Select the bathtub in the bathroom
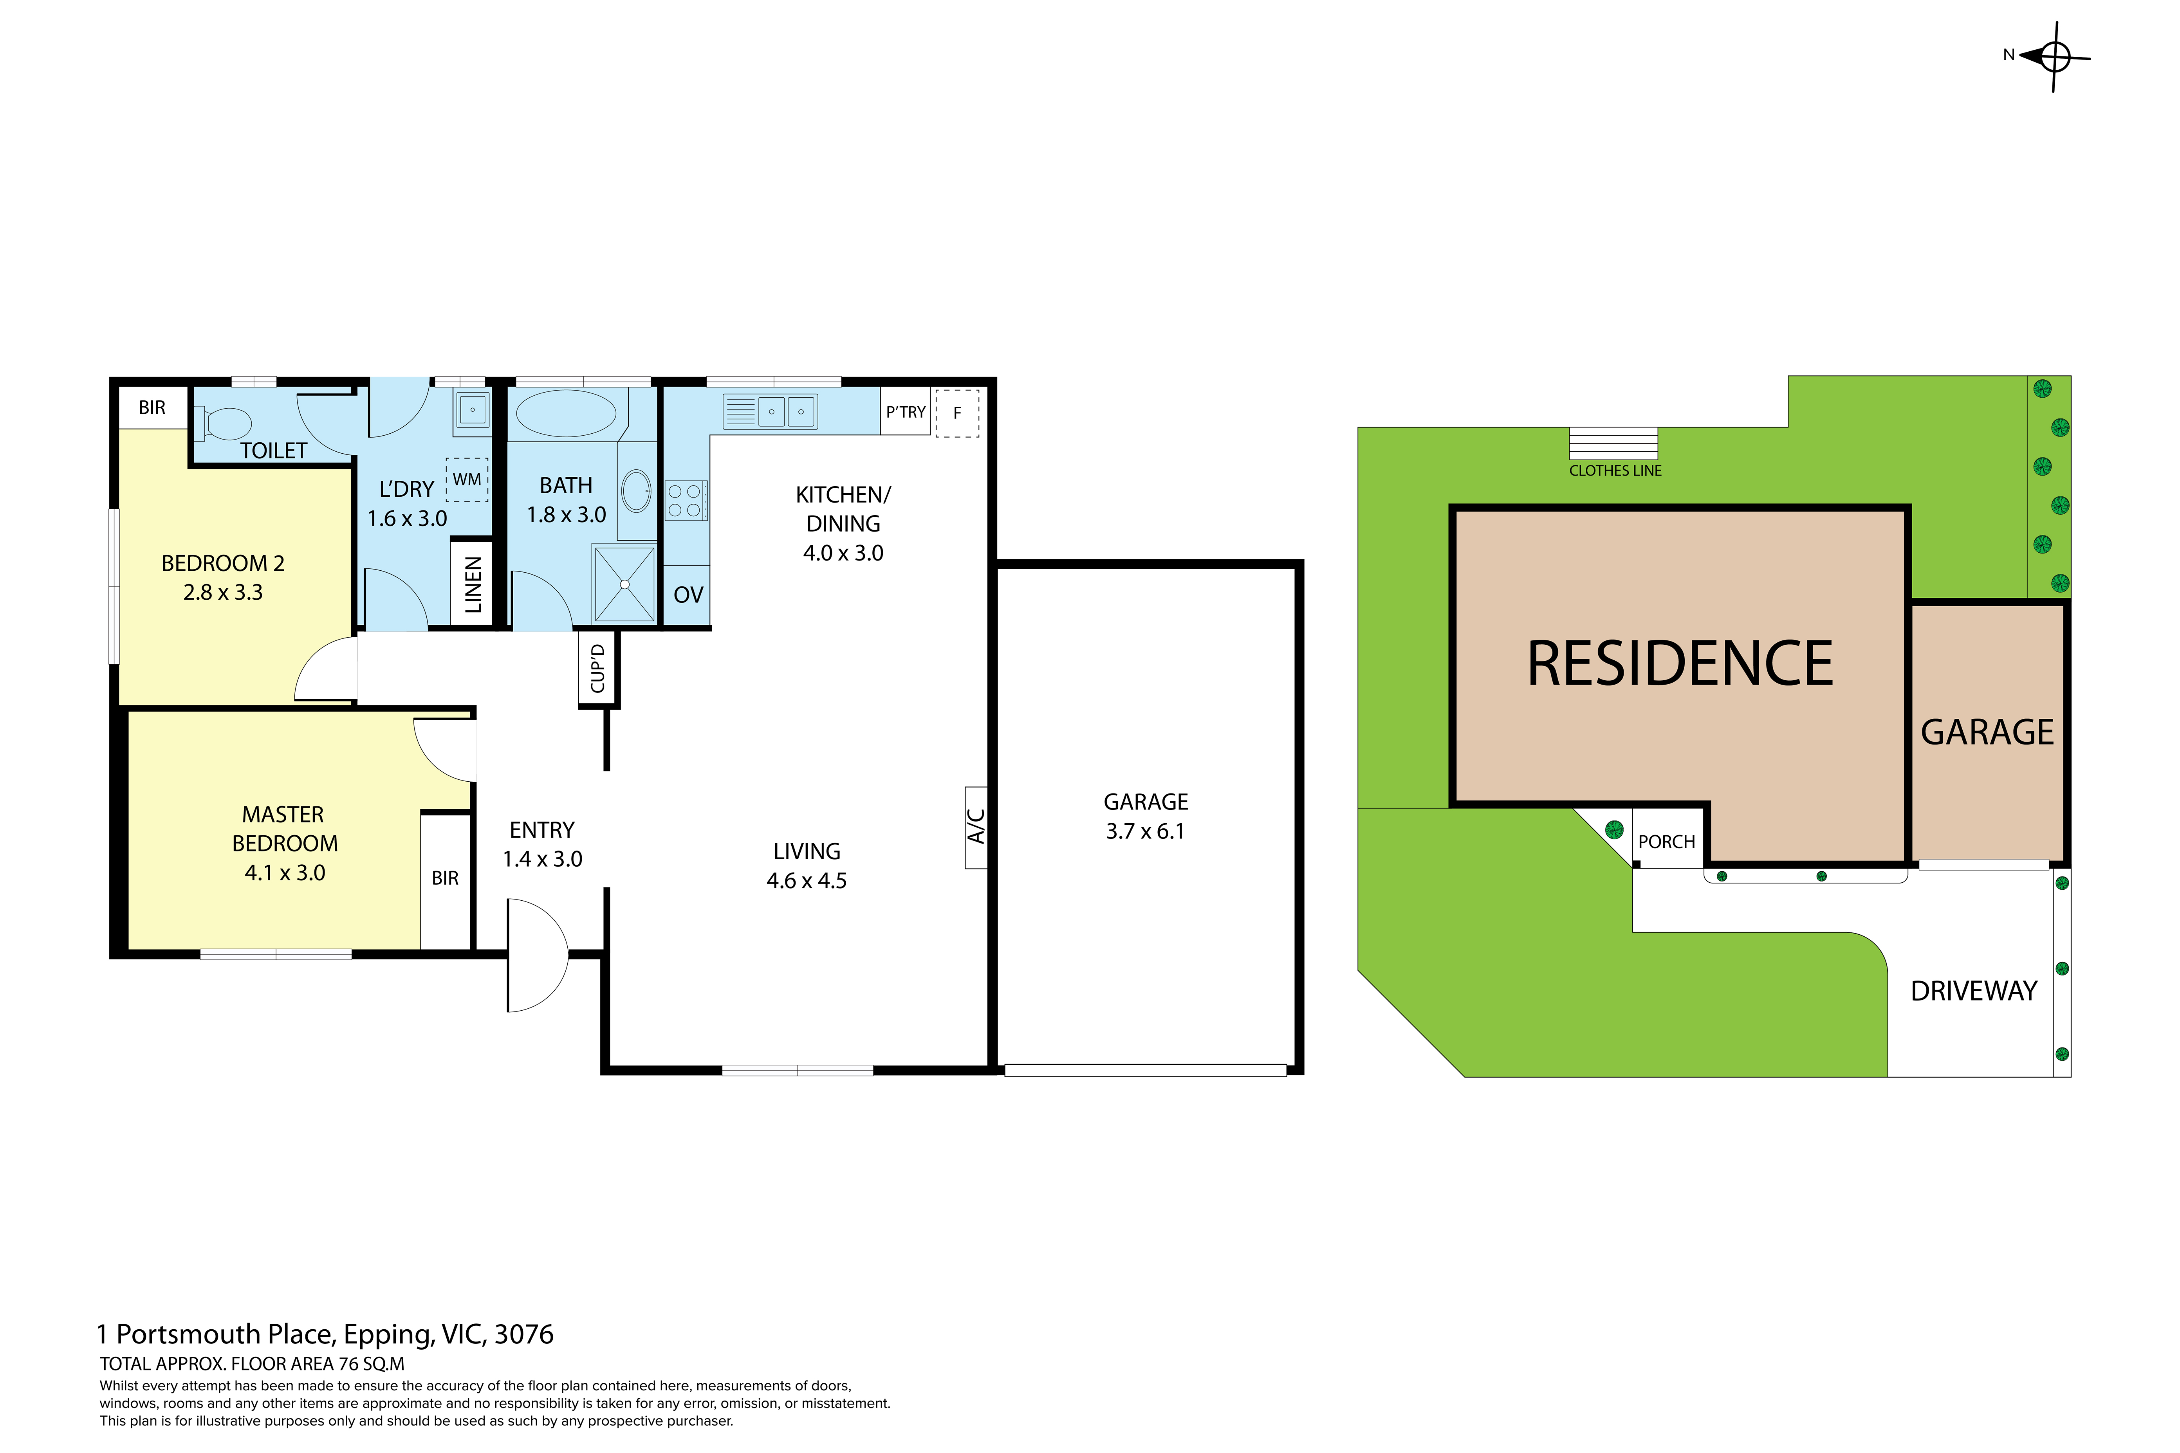565,413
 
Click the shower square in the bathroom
625,585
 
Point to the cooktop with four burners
686,500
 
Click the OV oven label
688,595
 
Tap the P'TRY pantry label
906,412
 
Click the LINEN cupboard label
473,585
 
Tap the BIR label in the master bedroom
445,878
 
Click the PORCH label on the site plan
1666,842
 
